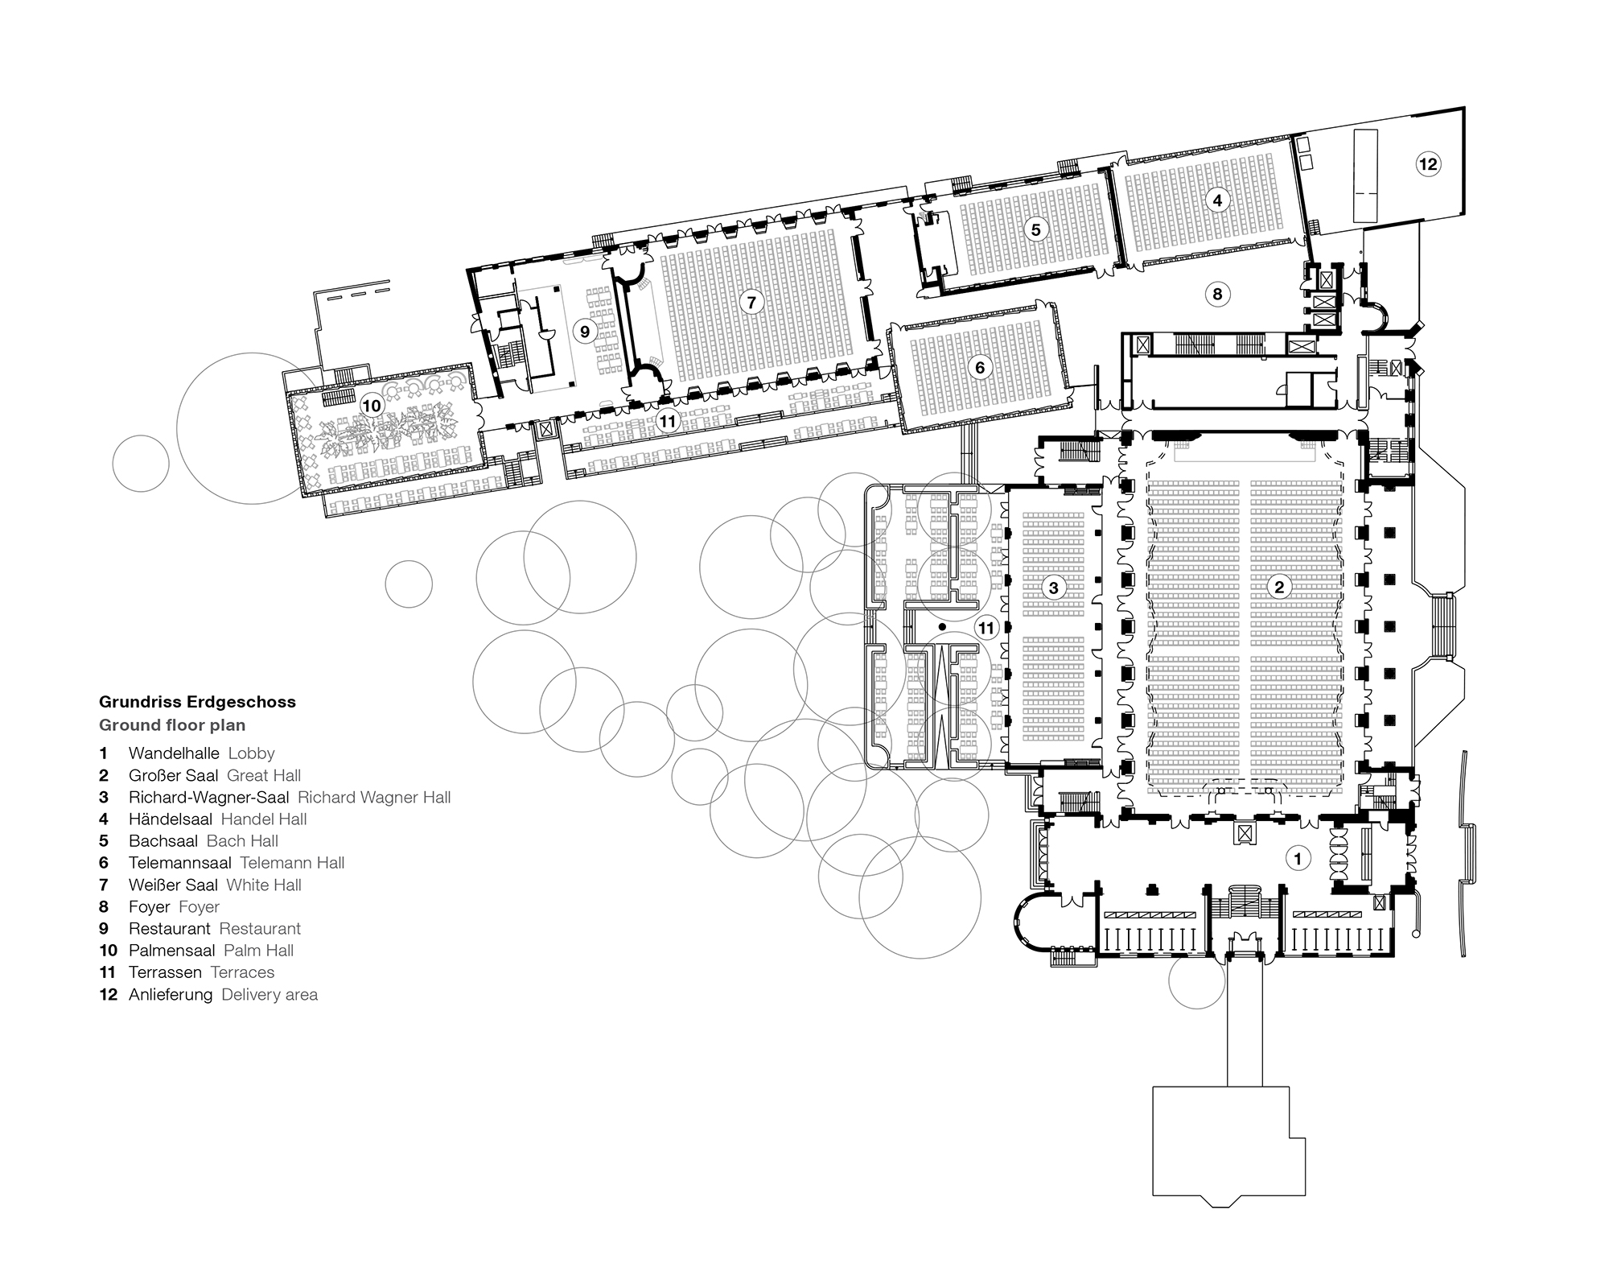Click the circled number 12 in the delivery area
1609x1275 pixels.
click(x=1427, y=164)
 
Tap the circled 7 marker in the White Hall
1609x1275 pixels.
click(x=751, y=303)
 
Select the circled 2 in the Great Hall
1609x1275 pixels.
click(x=1279, y=587)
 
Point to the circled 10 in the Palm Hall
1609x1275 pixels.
click(x=371, y=406)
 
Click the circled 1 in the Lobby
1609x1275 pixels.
click(x=1297, y=858)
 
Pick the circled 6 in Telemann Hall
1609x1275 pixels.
click(x=979, y=368)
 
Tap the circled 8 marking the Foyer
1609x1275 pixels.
click(x=1217, y=294)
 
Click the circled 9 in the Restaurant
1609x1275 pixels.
click(x=585, y=331)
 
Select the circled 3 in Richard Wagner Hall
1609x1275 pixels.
click(x=1053, y=588)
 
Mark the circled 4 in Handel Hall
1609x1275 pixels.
click(x=1217, y=200)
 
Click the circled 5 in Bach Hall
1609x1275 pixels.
click(x=1035, y=230)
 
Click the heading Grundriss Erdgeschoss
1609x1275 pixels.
click(x=197, y=702)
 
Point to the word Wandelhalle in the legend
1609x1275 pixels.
click(x=174, y=754)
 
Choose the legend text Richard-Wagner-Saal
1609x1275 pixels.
click(x=208, y=798)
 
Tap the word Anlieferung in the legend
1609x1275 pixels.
click(x=171, y=995)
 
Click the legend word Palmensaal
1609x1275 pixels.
click(x=172, y=951)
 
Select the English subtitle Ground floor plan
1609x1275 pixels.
click(x=172, y=725)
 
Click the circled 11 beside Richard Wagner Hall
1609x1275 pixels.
click(x=986, y=628)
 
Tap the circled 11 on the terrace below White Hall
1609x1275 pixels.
click(x=668, y=420)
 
